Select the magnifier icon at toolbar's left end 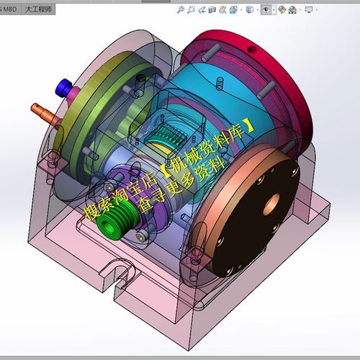(x=181, y=10)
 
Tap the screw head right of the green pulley (x=143, y=237)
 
